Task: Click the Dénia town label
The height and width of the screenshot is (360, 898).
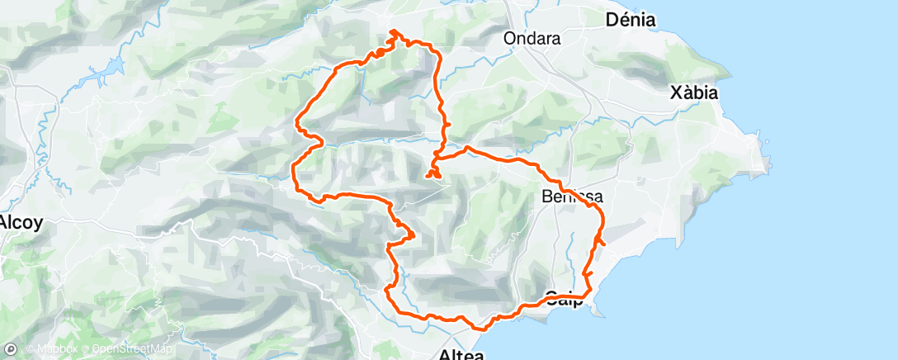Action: [x=631, y=19]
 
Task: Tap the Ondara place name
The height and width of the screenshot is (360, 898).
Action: [x=532, y=38]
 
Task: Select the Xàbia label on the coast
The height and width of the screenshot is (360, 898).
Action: [x=694, y=92]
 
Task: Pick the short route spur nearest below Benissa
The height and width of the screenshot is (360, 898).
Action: [x=601, y=240]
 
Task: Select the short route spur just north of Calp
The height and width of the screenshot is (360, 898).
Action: [x=587, y=272]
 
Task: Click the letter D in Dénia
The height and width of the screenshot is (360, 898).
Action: [x=612, y=19]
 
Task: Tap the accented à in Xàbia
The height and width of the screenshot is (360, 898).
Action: [x=687, y=92]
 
